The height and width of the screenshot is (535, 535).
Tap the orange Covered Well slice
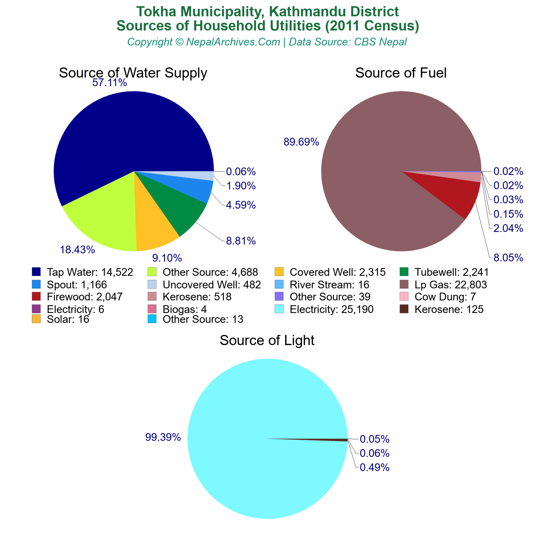coord(154,230)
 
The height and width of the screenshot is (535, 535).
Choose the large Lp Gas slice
coord(388,152)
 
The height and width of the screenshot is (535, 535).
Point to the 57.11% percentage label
coord(110,83)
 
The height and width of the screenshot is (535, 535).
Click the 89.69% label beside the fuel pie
coord(301,142)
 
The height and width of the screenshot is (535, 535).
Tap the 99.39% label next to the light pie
coord(163,437)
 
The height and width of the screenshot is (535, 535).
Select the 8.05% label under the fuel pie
coord(508,258)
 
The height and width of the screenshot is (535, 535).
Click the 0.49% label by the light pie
coord(374,467)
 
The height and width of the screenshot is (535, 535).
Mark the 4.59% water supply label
coord(241,205)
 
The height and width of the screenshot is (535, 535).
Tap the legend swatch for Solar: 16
coord(36,319)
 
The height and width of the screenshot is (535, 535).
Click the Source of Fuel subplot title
coord(401,73)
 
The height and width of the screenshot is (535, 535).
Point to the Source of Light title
coord(267,340)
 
